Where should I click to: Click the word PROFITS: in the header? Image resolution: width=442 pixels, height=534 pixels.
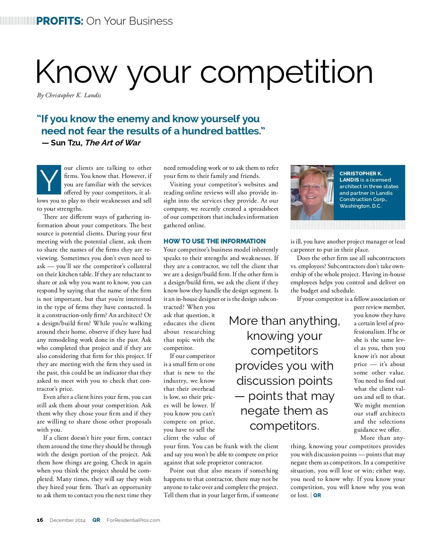[60, 21]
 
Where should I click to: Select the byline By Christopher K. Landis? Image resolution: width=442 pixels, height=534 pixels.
[69, 95]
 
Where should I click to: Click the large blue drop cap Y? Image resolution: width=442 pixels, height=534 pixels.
[49, 180]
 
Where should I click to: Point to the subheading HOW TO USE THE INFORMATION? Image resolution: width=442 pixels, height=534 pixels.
[214, 241]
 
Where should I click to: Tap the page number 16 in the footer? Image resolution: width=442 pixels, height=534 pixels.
[40, 520]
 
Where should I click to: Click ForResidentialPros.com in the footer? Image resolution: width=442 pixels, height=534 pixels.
[133, 520]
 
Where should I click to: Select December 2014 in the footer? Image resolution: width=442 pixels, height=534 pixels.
[67, 520]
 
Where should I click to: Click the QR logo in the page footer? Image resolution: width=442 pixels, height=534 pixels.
[96, 520]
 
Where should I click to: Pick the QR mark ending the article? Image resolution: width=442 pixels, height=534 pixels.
[317, 495]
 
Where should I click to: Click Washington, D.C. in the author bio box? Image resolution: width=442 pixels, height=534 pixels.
[360, 206]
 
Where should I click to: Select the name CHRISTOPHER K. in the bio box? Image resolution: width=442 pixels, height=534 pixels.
[361, 173]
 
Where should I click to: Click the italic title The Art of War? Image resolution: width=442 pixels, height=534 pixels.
[113, 143]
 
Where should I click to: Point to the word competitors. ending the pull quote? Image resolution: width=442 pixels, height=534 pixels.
[284, 426]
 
